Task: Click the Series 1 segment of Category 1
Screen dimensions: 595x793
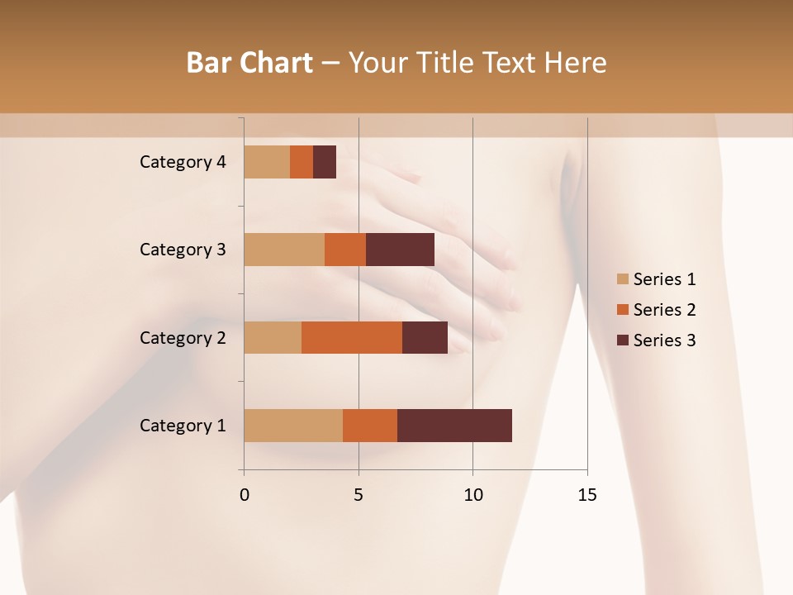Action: (293, 426)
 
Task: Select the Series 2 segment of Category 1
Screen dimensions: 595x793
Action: (370, 426)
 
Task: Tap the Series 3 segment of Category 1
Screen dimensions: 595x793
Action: (454, 426)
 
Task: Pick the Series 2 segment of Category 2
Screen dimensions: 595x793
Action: (352, 337)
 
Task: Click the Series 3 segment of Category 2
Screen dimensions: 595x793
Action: (425, 337)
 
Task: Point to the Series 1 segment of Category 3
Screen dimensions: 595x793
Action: (284, 250)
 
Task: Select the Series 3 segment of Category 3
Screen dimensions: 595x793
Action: (400, 250)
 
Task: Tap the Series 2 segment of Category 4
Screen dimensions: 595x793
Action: (302, 162)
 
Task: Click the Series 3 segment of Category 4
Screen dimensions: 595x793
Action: (325, 162)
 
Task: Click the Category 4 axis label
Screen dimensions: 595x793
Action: (183, 162)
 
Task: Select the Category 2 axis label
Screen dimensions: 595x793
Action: (183, 337)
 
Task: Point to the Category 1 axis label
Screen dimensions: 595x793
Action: (183, 426)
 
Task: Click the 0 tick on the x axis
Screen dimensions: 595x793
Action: (245, 495)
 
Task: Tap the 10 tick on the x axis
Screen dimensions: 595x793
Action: (472, 495)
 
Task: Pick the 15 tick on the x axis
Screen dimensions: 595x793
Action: (586, 495)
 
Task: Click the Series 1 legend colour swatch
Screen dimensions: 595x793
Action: (622, 279)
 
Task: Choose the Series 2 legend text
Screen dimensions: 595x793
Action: (664, 310)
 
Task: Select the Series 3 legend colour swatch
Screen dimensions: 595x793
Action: (622, 340)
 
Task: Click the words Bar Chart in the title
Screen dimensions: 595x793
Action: (249, 63)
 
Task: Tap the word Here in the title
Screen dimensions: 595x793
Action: (576, 63)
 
